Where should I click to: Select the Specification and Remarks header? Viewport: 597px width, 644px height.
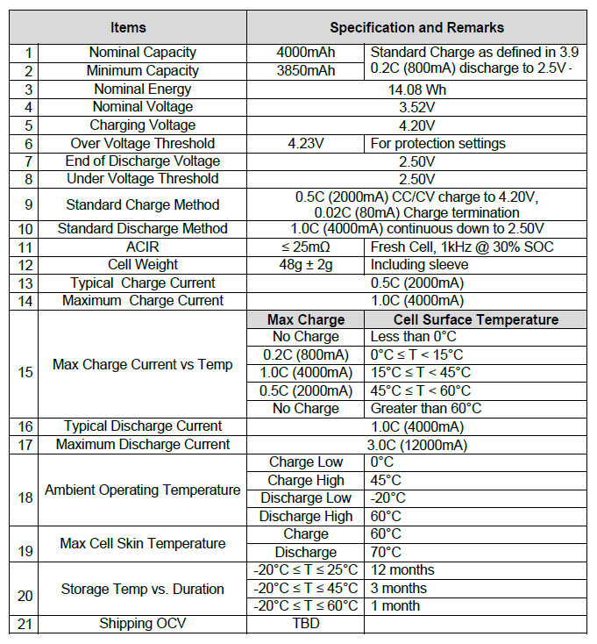(416, 27)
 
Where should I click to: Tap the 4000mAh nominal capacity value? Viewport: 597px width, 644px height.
(305, 53)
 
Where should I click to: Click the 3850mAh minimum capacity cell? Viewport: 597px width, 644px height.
(305, 71)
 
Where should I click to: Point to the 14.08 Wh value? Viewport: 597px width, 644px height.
(416, 89)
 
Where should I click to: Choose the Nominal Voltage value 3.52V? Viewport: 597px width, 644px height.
(416, 107)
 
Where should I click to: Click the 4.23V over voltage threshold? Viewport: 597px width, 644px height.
(305, 143)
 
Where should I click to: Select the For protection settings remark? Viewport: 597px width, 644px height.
(438, 143)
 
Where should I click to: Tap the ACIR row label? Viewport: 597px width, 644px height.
(143, 247)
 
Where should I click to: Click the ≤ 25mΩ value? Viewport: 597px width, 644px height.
(305, 247)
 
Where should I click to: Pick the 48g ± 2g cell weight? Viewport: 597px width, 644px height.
(305, 265)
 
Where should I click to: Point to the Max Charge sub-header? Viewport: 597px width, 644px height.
(305, 319)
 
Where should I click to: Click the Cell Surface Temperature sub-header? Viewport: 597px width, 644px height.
(475, 319)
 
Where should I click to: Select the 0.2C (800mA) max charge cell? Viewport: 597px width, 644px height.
(305, 355)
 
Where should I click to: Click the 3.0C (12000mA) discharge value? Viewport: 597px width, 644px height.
(416, 445)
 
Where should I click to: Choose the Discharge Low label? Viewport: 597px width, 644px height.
(305, 498)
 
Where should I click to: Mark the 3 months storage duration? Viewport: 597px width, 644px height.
(399, 588)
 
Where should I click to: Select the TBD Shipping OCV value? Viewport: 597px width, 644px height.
(305, 624)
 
